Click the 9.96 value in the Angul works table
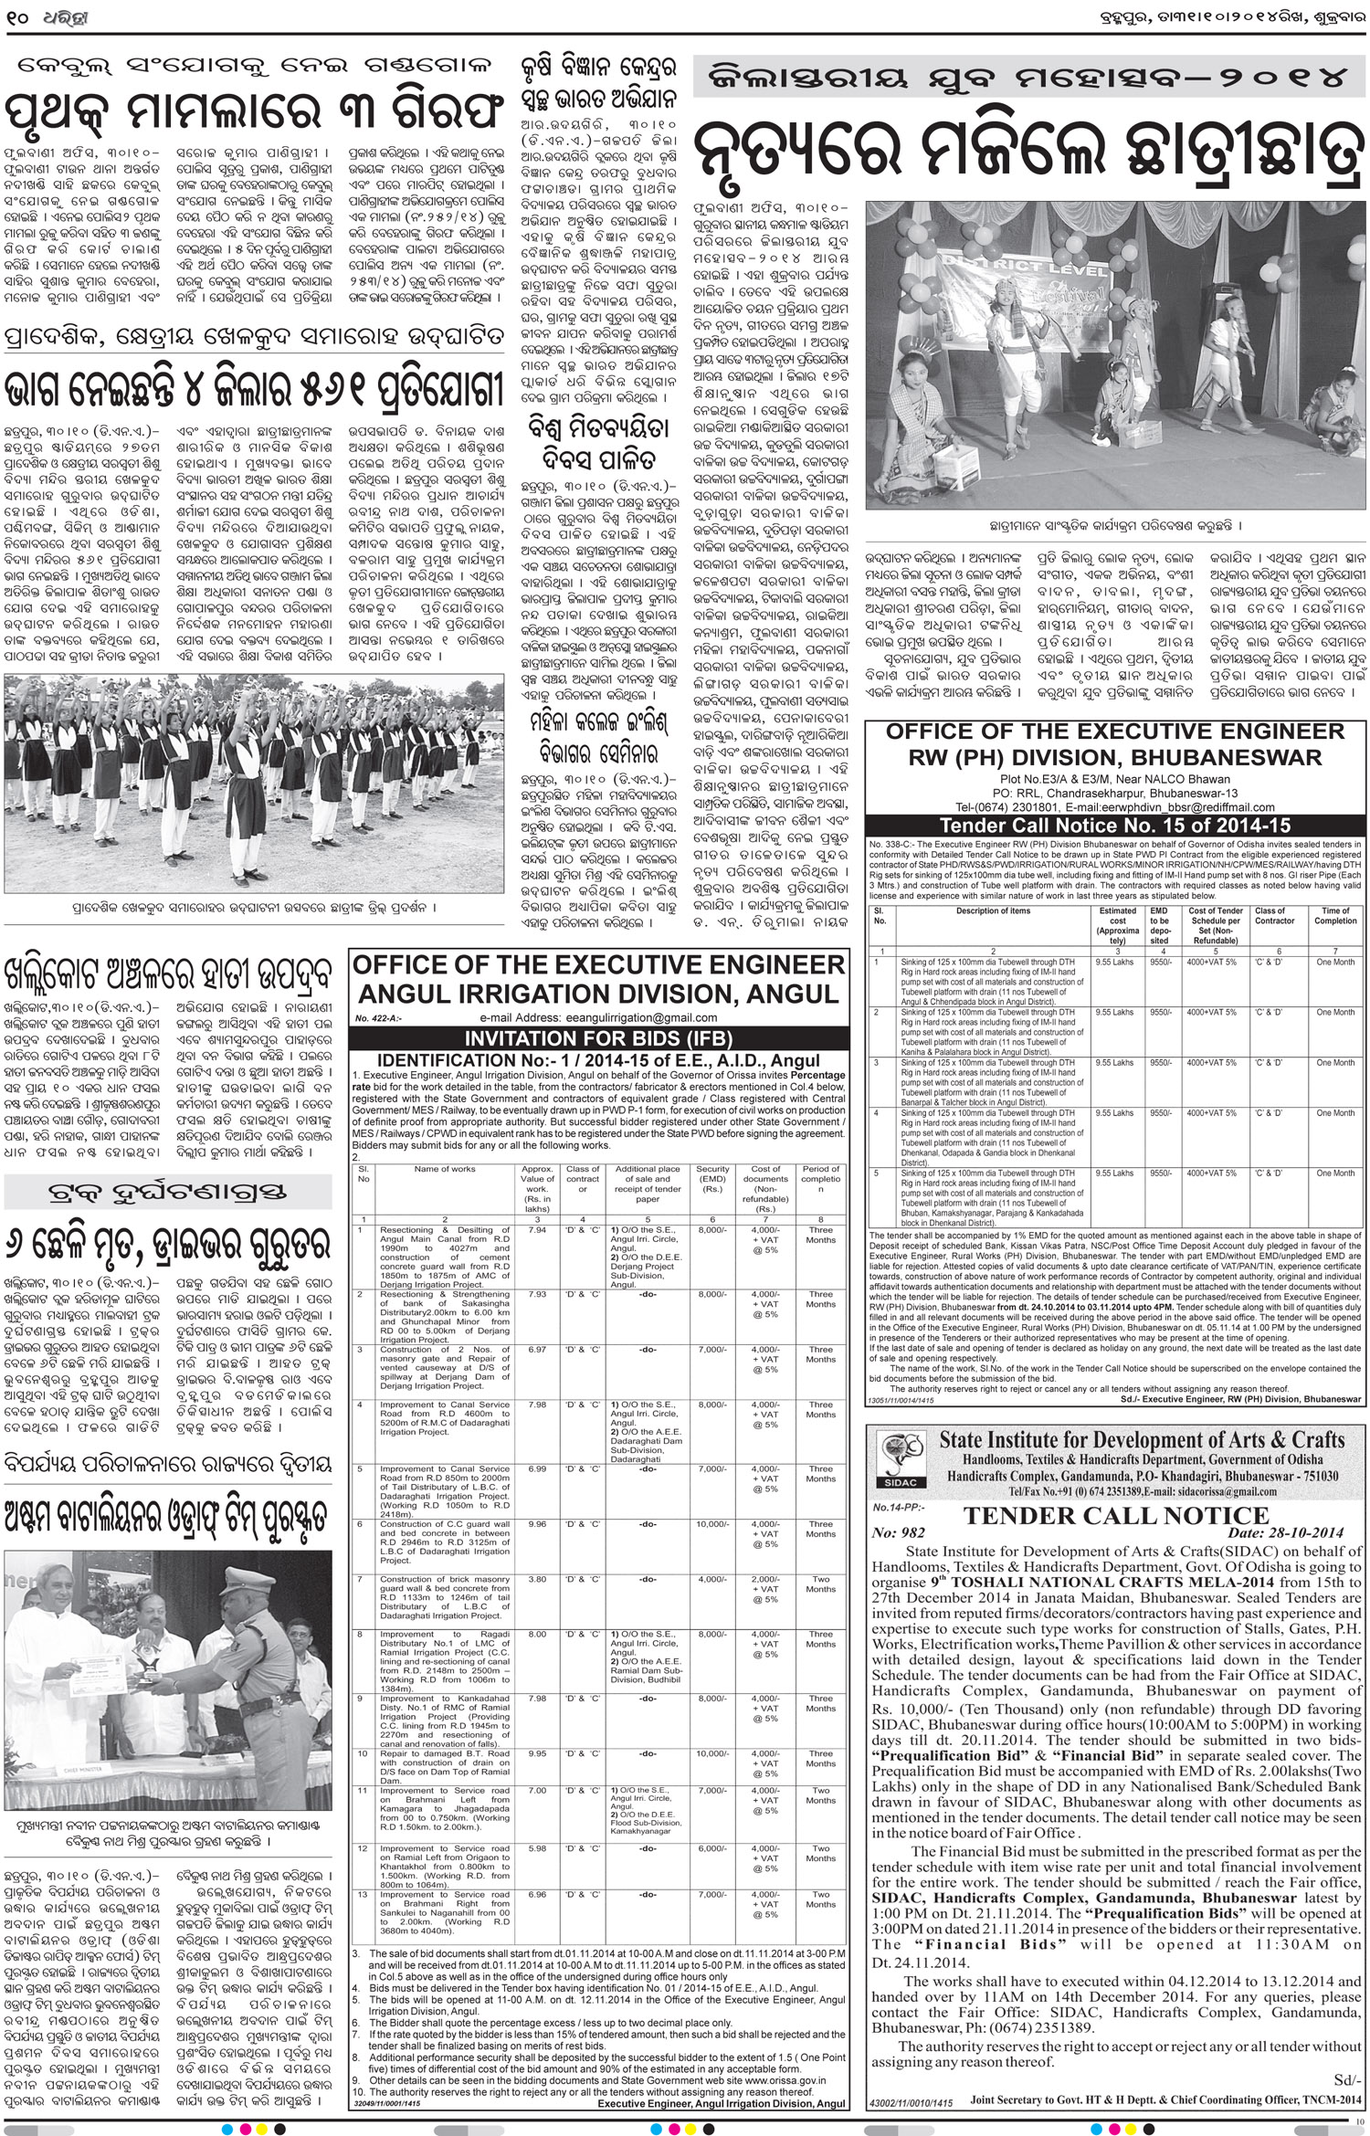pos(538,1524)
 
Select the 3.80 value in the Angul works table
pos(538,1579)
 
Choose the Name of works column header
pos(445,1169)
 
